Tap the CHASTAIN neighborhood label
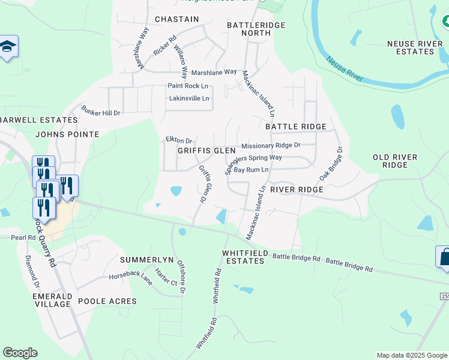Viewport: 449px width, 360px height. [176, 19]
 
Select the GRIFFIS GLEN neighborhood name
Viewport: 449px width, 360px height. [206, 151]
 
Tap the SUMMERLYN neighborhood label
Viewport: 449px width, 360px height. [146, 260]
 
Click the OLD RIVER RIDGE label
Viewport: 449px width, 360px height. [394, 161]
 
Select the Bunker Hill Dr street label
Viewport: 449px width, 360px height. [101, 113]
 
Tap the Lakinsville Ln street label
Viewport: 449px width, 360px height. [189, 98]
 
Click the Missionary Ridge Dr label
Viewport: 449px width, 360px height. [270, 146]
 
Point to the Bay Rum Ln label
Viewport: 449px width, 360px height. [250, 170]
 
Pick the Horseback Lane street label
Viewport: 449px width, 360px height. [130, 277]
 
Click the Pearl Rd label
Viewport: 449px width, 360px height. [23, 238]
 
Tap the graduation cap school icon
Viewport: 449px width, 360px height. [8, 47]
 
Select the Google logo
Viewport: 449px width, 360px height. [20, 353]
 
